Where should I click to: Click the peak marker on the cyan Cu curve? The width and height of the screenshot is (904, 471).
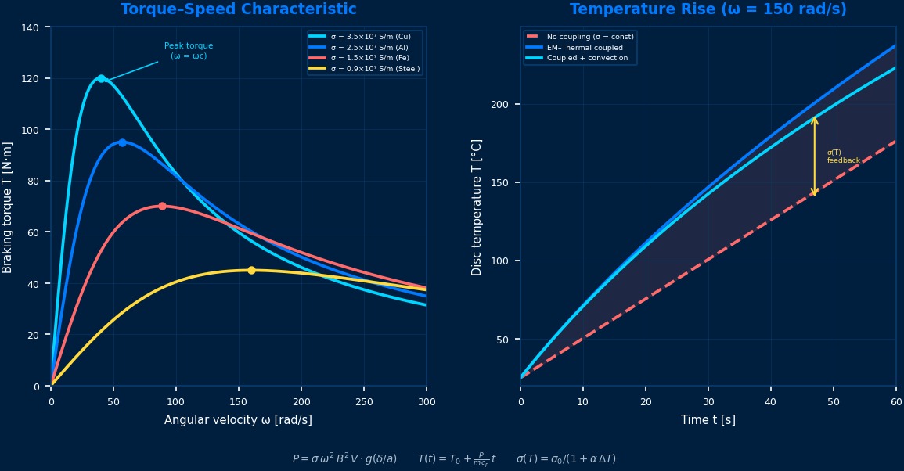101,78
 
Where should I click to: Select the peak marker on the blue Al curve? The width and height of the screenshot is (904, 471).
122,142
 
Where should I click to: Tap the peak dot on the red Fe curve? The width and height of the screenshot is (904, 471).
162,207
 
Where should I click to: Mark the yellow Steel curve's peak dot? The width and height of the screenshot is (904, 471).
251,271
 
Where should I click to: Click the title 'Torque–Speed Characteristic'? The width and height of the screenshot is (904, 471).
238,9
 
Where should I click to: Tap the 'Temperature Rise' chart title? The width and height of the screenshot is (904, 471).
708,9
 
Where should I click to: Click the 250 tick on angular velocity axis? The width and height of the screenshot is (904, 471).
363,401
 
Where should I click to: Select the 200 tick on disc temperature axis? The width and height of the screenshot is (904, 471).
500,105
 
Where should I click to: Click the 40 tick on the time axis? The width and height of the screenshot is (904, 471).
771,401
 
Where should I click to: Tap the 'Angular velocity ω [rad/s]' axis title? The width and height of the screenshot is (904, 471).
238,420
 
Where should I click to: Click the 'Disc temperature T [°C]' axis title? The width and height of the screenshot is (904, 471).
477,207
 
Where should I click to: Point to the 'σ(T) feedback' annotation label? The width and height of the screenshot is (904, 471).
843,156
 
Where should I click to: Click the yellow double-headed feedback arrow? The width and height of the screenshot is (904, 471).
815,156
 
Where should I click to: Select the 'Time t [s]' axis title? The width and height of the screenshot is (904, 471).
708,420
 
